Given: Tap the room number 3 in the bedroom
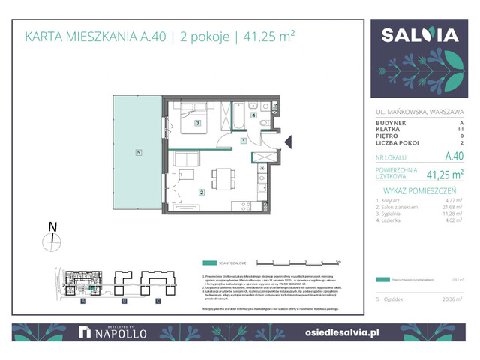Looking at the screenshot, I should pos(196,123).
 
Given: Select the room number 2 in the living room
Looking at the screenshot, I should pos(201,192).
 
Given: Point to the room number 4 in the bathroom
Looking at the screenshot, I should pos(254,115).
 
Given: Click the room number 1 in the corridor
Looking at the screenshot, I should pos(243,140).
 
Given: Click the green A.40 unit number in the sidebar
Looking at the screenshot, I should pos(453,157).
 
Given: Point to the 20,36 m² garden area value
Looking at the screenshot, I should pos(452,298).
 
